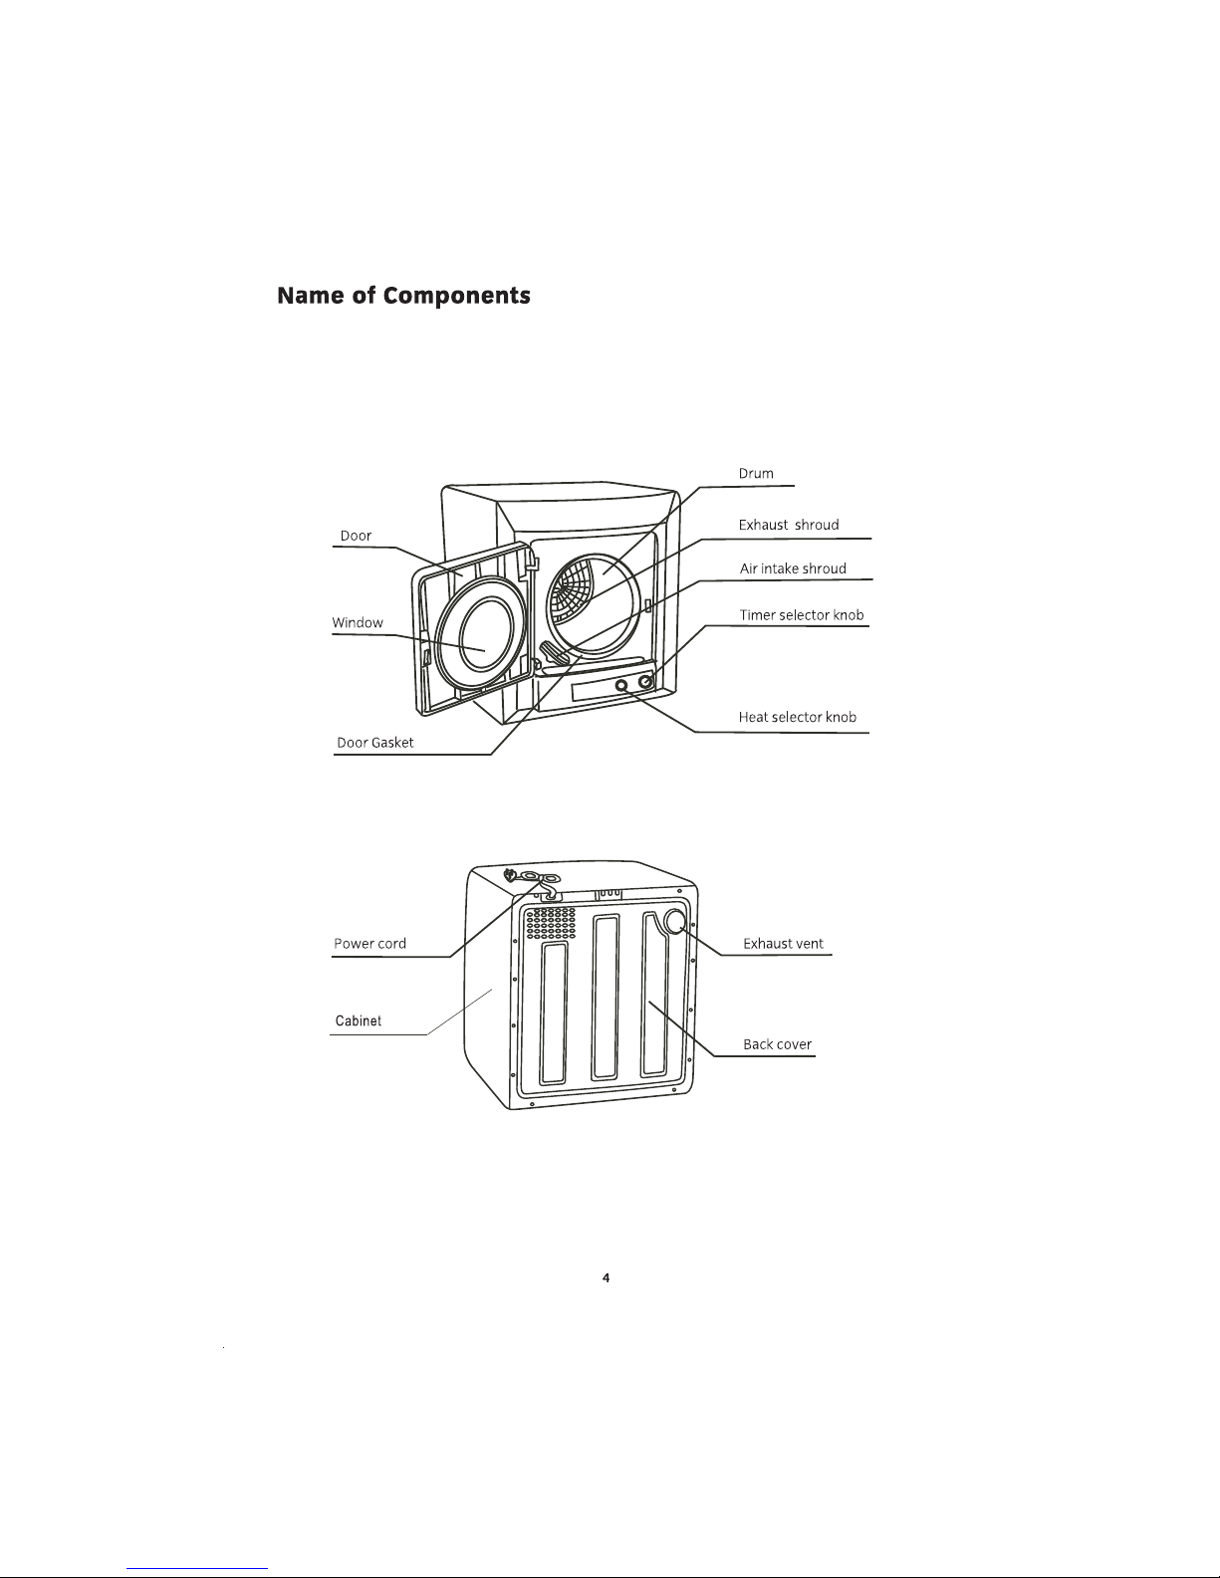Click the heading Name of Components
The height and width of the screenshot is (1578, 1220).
tap(403, 296)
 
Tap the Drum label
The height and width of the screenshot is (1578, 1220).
tap(756, 474)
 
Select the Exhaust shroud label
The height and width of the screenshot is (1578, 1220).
tap(789, 525)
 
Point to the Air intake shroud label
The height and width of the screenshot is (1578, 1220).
tap(793, 568)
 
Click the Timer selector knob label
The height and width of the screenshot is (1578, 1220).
tap(802, 615)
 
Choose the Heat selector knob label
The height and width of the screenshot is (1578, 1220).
tap(798, 717)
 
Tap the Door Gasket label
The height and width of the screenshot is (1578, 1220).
tap(374, 742)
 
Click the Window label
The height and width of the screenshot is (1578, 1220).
tap(358, 622)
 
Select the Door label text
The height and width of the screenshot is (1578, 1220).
tap(356, 536)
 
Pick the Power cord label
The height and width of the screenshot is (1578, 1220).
tap(369, 943)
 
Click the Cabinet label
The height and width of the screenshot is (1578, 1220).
tap(358, 1020)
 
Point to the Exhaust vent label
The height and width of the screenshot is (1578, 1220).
tap(783, 943)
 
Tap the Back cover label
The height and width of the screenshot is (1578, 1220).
tap(777, 1044)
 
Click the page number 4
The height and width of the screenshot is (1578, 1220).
tap(606, 1278)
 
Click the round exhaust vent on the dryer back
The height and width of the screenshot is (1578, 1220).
tap(675, 922)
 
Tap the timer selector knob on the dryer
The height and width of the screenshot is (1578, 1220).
tap(645, 682)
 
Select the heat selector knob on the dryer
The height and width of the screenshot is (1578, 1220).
tap(620, 686)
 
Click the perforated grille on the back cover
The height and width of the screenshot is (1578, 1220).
tap(551, 923)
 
